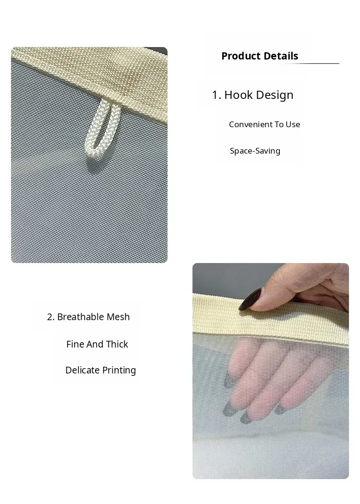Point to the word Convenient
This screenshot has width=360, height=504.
pos(250,124)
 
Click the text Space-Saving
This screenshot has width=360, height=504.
pos(255,151)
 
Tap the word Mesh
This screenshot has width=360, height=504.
pos(118,317)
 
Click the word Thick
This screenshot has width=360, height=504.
pos(117,344)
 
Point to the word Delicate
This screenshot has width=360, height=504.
pos(82,370)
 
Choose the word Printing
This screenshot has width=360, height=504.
pos(119,371)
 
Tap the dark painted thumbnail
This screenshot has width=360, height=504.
pos(251,299)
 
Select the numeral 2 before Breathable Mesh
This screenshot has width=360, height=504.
pos(49,317)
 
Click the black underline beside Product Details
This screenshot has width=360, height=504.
pos(308,64)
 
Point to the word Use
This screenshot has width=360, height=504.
pos(293,124)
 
